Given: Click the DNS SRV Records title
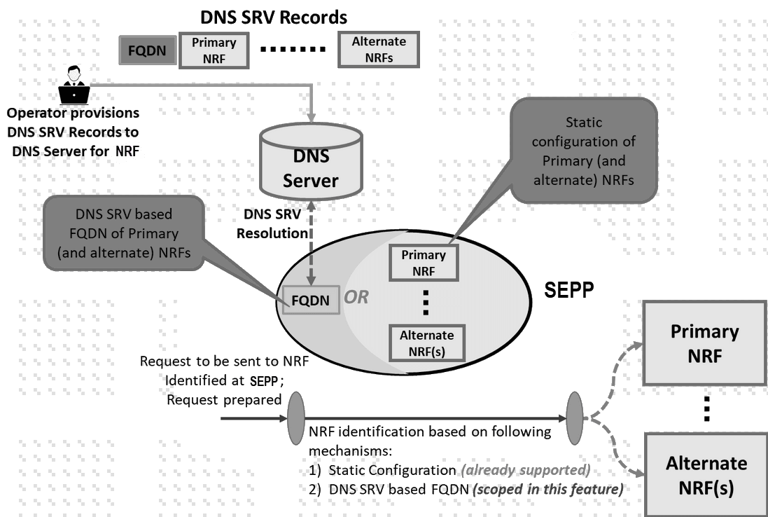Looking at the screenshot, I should click(273, 16).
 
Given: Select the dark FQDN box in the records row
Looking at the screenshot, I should click(146, 51).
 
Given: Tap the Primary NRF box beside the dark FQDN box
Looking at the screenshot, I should click(214, 50).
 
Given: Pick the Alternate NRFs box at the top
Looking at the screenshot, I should click(378, 50).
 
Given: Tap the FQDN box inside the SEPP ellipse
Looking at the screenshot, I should click(310, 299).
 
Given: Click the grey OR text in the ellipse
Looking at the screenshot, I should click(356, 297).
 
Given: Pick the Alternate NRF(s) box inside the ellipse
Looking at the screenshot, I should click(426, 343).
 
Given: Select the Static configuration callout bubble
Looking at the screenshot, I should click(583, 151).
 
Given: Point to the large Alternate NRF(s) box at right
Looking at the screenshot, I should click(706, 475).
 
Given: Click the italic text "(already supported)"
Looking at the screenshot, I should click(525, 470).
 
